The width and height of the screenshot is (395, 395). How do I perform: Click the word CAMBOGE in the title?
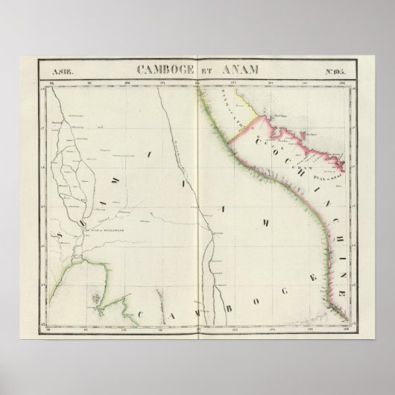(155, 70)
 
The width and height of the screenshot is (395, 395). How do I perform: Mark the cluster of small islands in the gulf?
(98, 299)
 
